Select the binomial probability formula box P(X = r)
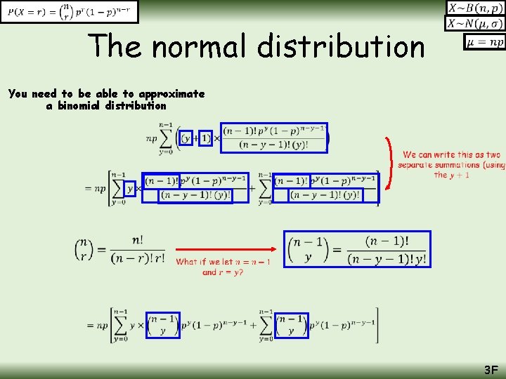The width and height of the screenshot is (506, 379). point(69,11)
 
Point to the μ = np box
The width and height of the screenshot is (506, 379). point(485,42)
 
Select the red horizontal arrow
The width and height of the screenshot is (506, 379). point(225,248)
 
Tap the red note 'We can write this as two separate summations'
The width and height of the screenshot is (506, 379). point(451,160)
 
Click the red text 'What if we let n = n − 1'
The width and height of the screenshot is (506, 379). point(223,262)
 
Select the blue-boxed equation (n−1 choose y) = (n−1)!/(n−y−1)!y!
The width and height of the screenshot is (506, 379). point(357,249)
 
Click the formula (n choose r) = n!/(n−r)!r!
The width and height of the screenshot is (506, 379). point(119,249)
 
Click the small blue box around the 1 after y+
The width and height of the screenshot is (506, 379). point(205,138)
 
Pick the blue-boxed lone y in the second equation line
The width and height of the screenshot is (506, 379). point(130,189)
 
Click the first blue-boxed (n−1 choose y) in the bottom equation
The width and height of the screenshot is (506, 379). point(163,325)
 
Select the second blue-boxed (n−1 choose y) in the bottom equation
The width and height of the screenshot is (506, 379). point(292,325)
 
